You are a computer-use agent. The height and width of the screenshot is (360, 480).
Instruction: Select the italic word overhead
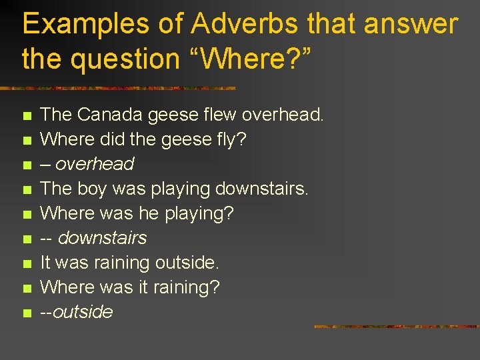[x=95, y=164]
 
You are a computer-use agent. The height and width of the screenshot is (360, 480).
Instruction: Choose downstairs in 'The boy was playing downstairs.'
[x=261, y=189]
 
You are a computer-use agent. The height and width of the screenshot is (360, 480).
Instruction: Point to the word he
[x=148, y=213]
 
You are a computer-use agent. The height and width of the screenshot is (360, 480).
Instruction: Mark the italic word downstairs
[x=103, y=238]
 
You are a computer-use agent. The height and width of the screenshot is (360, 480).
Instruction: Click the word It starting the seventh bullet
[x=47, y=263]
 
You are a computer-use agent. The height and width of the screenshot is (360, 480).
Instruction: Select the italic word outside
[x=83, y=312]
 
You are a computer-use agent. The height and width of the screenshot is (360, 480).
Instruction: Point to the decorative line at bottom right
[x=396, y=327]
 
